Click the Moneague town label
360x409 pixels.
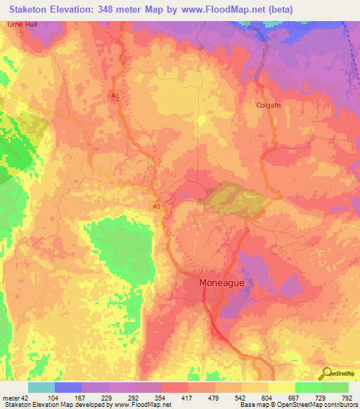pos(223,283)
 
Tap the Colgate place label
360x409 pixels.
pos(268,105)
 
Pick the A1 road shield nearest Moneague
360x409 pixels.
pos(157,205)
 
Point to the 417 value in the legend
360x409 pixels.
pos(188,398)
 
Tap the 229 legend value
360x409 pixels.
pos(108,398)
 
